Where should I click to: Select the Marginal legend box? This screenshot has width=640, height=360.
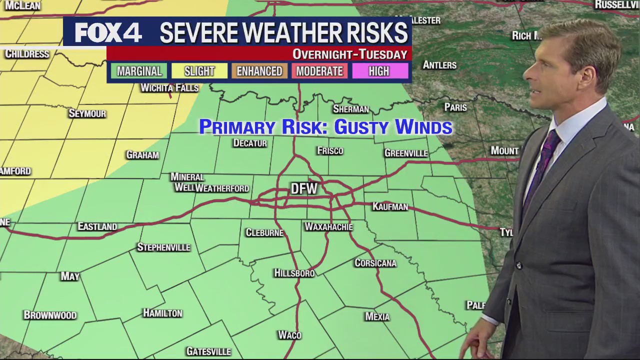tap(139, 71)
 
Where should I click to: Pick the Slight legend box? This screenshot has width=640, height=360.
tap(199, 71)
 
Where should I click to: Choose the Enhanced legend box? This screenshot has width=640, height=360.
tap(259, 71)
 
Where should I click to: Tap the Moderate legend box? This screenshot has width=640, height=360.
tap(319, 71)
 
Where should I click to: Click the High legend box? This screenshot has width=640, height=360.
tap(379, 71)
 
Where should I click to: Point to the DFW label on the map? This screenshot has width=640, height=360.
tap(304, 188)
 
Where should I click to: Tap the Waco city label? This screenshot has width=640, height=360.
tap(290, 335)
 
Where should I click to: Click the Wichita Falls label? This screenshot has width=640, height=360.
tap(169, 88)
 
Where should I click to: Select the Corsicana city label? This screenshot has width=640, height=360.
tap(375, 263)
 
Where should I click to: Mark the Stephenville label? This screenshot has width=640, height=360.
tap(163, 247)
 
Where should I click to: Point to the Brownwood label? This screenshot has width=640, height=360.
tap(50, 315)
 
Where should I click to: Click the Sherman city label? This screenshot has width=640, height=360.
tap(351, 109)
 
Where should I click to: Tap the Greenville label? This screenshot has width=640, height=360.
tap(406, 153)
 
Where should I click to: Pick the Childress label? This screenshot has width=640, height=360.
tap(27, 54)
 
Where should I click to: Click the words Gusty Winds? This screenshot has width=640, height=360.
tap(393, 127)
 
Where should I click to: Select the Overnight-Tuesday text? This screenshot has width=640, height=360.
tap(349, 54)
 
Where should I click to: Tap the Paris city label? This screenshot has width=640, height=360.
tap(455, 107)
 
